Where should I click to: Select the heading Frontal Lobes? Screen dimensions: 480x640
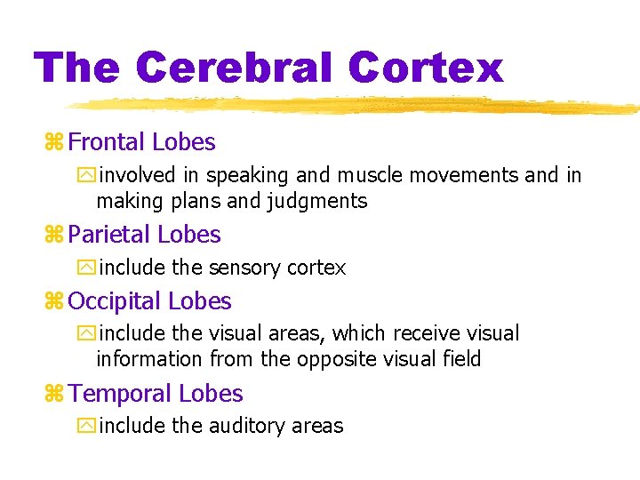click(141, 142)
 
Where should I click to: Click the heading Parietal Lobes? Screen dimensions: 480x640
click(144, 235)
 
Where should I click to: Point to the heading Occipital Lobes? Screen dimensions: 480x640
click(149, 301)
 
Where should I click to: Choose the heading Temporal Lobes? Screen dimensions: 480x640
click(156, 394)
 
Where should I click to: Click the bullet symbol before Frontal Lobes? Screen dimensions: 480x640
click(52, 143)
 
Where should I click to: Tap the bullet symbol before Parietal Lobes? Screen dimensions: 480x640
click(52, 236)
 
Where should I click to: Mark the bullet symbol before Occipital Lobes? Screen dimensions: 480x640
click(52, 302)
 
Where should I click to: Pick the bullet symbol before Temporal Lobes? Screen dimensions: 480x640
click(52, 395)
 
